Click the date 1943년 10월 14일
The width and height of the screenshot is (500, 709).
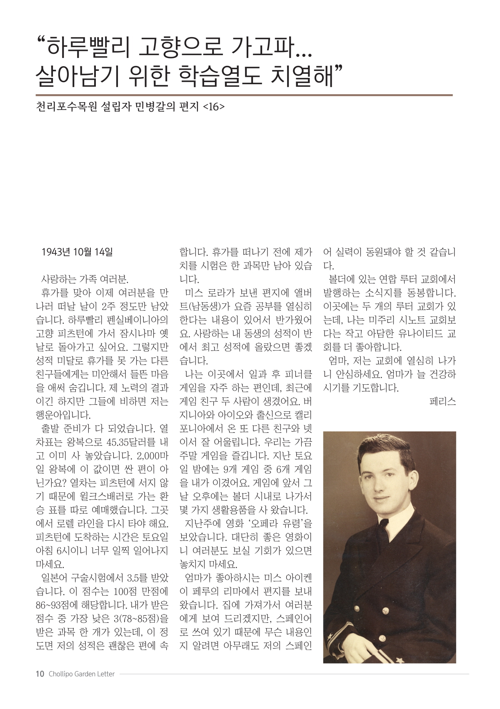[77, 252]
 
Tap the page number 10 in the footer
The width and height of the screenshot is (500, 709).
[40, 674]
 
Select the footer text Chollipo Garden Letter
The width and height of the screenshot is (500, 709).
[82, 674]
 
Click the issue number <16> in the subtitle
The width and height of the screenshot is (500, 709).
[214, 107]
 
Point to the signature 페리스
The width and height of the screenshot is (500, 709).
[442, 401]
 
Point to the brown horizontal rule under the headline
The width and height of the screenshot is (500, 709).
[244, 95]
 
